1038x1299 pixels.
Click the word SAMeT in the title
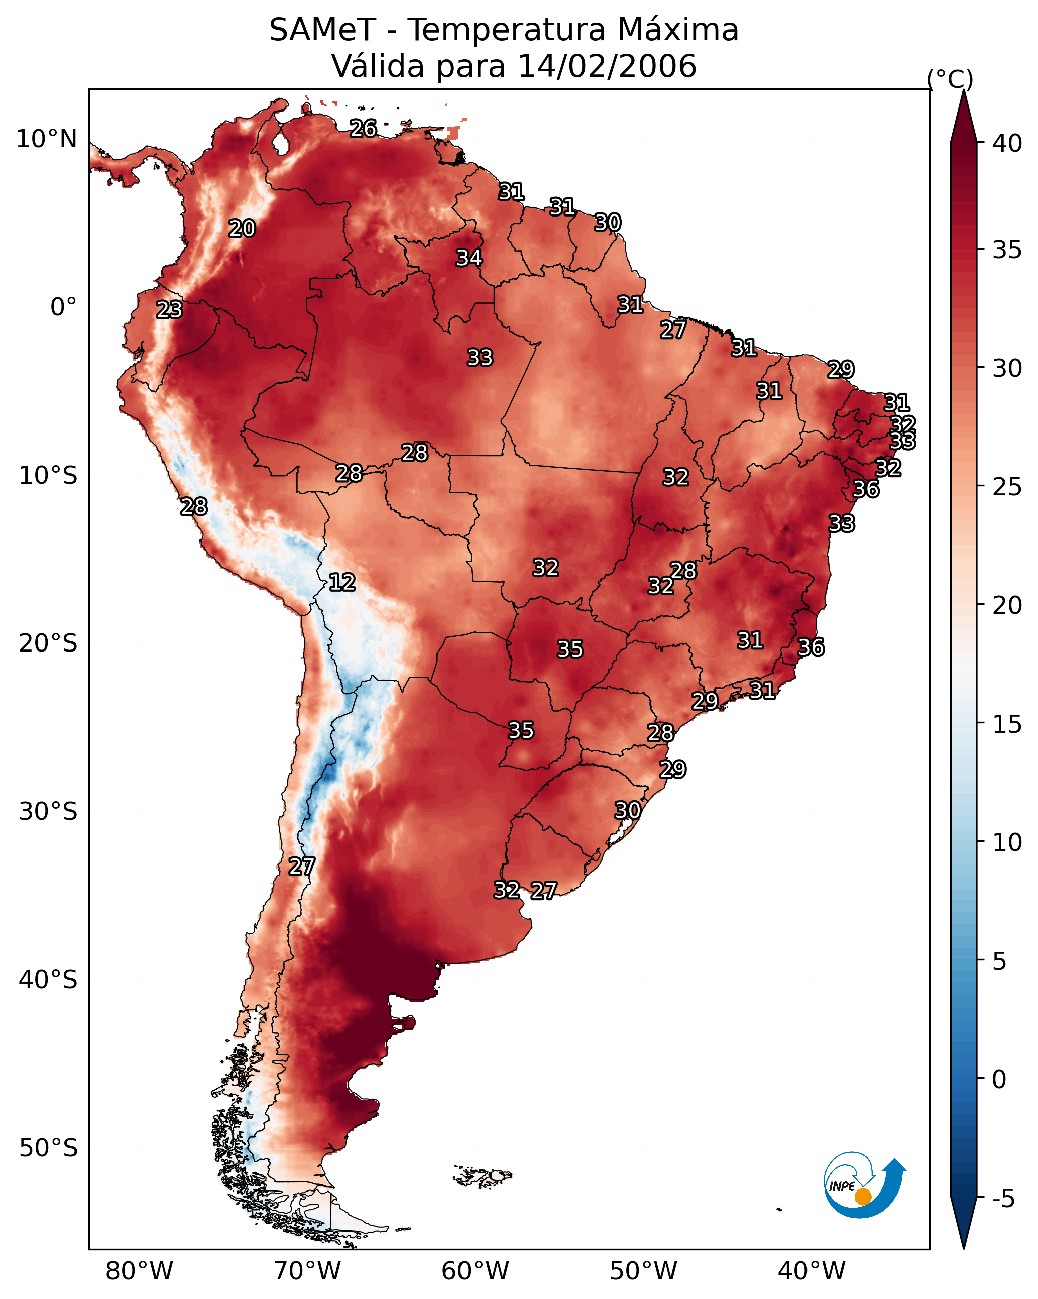pyautogui.click(x=322, y=30)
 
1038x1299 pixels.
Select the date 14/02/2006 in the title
pyautogui.click(x=607, y=66)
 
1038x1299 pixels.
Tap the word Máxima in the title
pyautogui.click(x=676, y=30)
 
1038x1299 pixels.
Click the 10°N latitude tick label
pyautogui.click(x=46, y=139)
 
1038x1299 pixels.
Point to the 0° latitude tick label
pyautogui.click(x=63, y=307)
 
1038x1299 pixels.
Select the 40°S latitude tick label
pyautogui.click(x=48, y=980)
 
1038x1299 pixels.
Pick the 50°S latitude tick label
pyautogui.click(x=48, y=1148)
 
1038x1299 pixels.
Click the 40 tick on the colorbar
pyautogui.click(x=1007, y=143)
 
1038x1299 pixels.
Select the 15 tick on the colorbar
pyautogui.click(x=1007, y=724)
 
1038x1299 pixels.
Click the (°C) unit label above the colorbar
pyautogui.click(x=950, y=79)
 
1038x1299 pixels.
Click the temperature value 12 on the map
pyautogui.click(x=342, y=582)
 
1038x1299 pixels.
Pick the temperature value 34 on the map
pyautogui.click(x=470, y=258)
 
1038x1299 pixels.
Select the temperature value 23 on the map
pyautogui.click(x=169, y=310)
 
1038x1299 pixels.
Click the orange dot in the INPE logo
pyautogui.click(x=863, y=1197)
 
